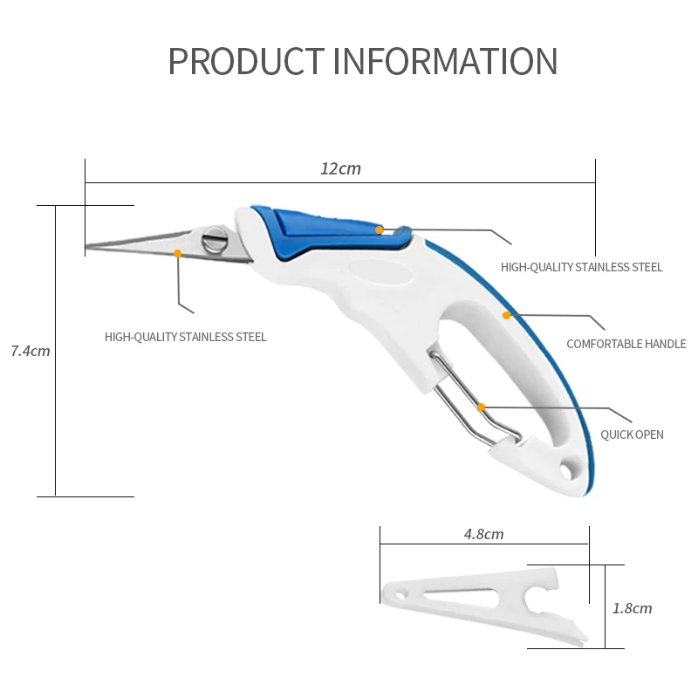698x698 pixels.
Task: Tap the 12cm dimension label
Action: (x=340, y=169)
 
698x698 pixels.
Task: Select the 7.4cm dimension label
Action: (x=31, y=352)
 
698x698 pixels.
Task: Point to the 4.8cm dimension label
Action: (x=483, y=534)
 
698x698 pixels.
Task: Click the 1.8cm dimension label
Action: (x=632, y=608)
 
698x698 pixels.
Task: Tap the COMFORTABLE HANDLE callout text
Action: (x=626, y=344)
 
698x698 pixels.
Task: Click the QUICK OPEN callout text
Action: (x=632, y=435)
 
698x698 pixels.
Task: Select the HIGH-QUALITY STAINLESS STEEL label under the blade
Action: (x=186, y=337)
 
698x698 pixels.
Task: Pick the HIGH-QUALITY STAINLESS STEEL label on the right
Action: (x=581, y=267)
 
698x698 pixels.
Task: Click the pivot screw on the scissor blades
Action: (x=215, y=240)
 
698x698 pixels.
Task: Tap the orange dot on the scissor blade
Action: (x=177, y=253)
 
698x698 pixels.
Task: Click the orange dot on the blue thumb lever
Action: (x=380, y=229)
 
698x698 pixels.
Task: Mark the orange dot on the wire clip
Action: (x=481, y=407)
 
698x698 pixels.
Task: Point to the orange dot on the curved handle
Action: (x=505, y=315)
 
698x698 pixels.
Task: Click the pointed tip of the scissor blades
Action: (x=88, y=247)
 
